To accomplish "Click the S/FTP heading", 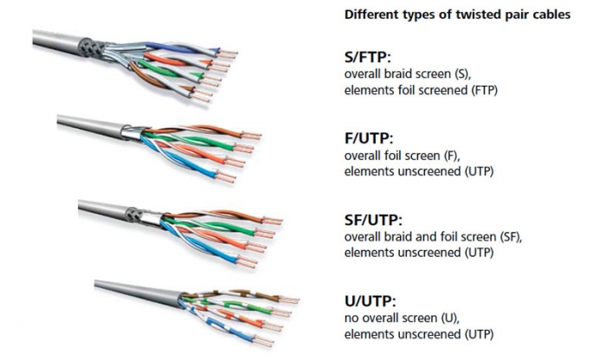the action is [x=368, y=57].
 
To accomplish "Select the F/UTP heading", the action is [x=368, y=138].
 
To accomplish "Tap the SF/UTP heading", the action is [x=373, y=220].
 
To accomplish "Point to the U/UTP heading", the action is [x=371, y=301].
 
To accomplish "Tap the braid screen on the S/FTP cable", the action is [x=90, y=48].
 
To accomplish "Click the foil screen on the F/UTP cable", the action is [x=132, y=132].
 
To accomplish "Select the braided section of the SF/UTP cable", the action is [x=133, y=214].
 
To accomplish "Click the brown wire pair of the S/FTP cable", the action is [x=163, y=80].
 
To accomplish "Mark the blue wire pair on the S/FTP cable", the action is [x=182, y=48].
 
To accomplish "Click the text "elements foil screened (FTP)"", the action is [x=421, y=90].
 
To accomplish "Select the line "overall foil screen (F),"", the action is [x=403, y=156].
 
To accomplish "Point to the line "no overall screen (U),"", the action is [x=402, y=318].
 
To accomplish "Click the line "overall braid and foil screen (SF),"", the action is [x=433, y=237].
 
